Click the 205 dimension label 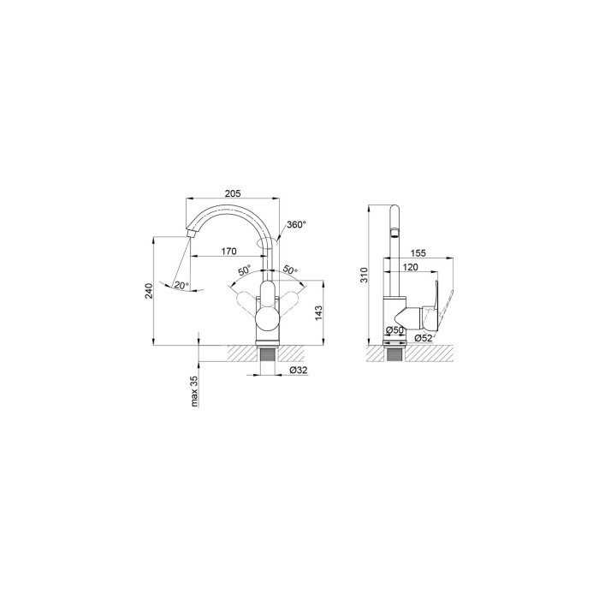pyautogui.click(x=233, y=193)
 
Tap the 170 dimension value pyautogui.click(x=229, y=252)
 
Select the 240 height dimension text pyautogui.click(x=149, y=291)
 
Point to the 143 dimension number pyautogui.click(x=319, y=313)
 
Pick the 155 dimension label pyautogui.click(x=418, y=253)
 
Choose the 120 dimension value pyautogui.click(x=411, y=267)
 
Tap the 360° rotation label pyautogui.click(x=296, y=224)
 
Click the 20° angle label pyautogui.click(x=181, y=285)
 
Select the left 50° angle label pyautogui.click(x=245, y=270)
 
